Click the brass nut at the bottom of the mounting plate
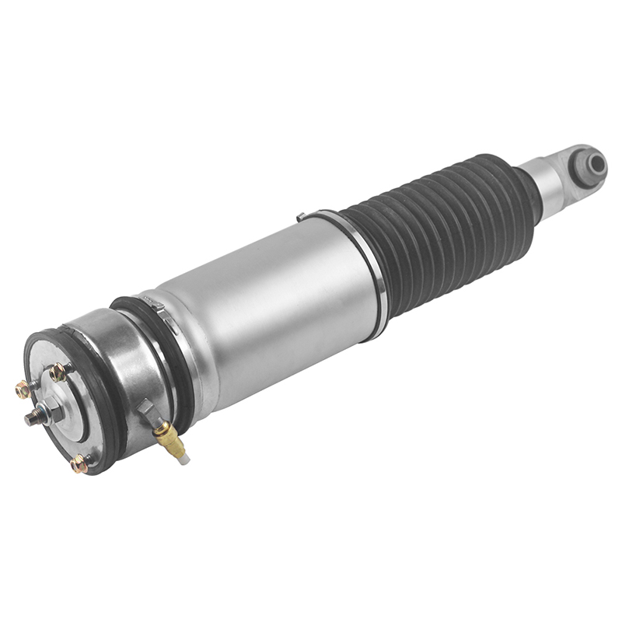(x=79, y=464)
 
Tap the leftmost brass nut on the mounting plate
(x=23, y=389)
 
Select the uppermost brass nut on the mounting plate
(x=58, y=372)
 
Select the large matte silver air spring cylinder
(x=264, y=311)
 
